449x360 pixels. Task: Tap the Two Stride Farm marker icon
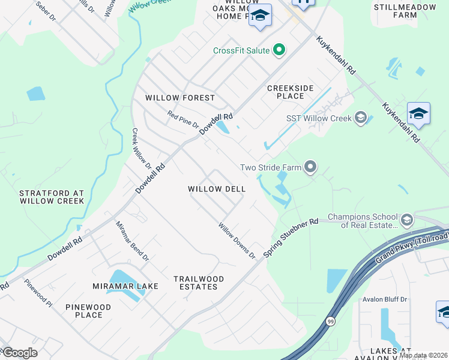point(310,167)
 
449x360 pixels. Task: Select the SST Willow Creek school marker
point(360,118)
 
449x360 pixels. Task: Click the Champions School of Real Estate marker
point(406,220)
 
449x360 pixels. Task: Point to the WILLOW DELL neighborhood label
point(217,188)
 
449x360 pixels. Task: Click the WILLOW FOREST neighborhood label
point(180,98)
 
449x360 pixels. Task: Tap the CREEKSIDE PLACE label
point(291,92)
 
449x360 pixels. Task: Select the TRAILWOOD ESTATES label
point(199,283)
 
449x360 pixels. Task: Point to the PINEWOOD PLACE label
point(89,311)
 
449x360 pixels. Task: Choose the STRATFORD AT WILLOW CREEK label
point(52,197)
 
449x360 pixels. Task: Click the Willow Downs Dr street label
point(237,241)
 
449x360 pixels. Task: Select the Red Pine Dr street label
point(183,119)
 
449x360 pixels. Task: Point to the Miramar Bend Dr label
point(133,242)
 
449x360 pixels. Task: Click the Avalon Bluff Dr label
point(385,299)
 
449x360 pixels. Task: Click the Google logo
point(19,353)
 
